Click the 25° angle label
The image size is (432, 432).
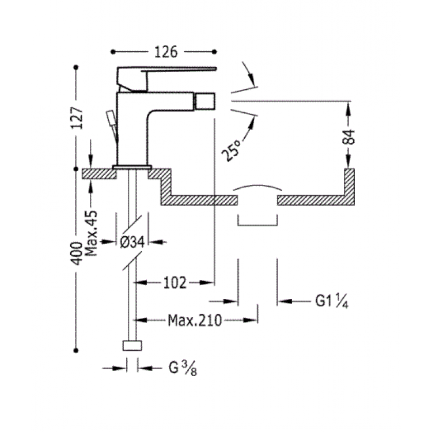pyautogui.click(x=233, y=149)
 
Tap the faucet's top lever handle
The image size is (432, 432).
pyautogui.click(x=167, y=73)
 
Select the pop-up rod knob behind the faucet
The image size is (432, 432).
pyautogui.click(x=109, y=118)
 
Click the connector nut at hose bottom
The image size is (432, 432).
pyautogui.click(x=132, y=346)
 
